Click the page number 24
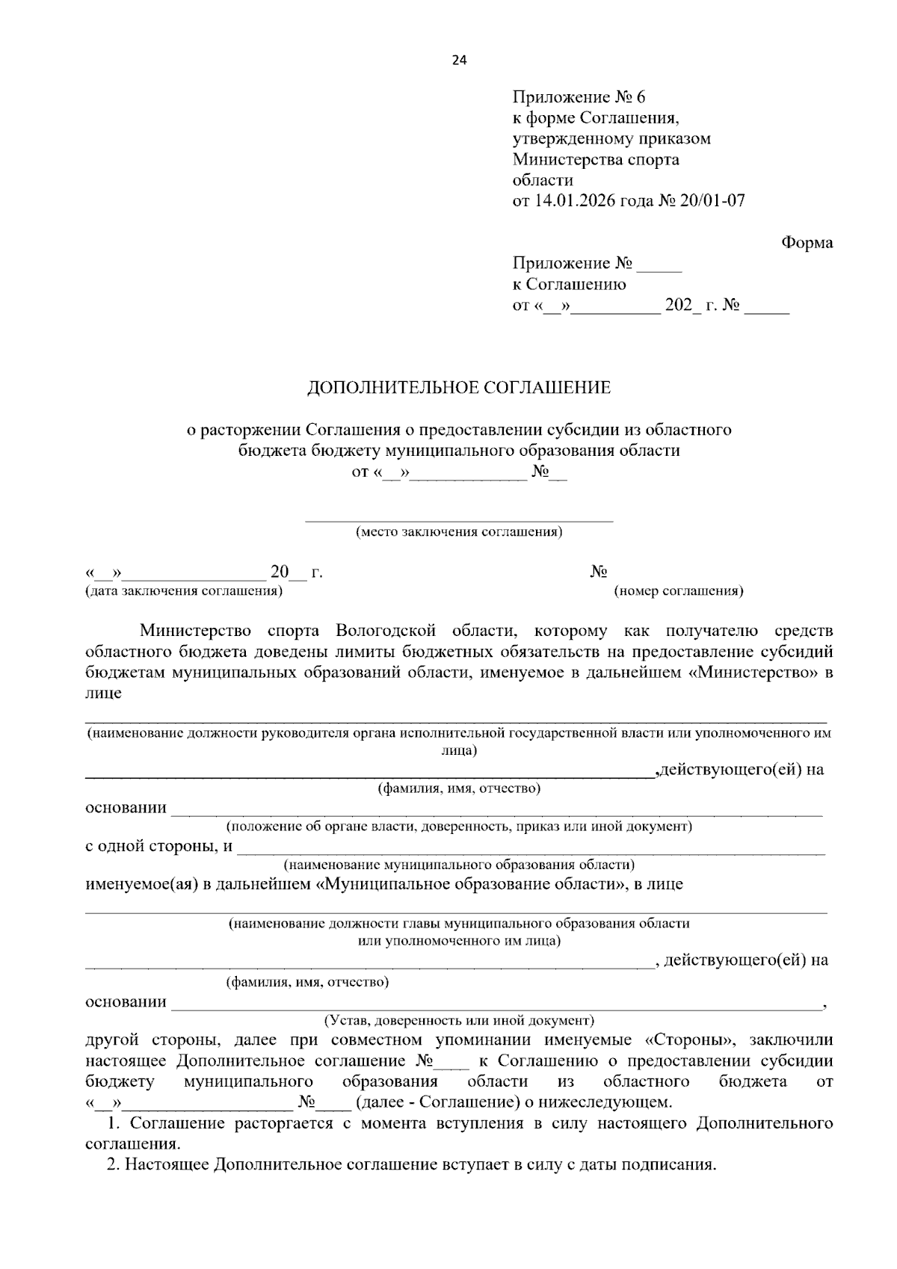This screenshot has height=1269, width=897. click(458, 61)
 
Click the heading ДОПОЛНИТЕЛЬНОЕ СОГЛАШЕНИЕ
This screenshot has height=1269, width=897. click(459, 388)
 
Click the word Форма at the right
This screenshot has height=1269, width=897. click(807, 243)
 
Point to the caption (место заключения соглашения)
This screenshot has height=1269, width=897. click(459, 532)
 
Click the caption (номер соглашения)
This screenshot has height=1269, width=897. click(678, 591)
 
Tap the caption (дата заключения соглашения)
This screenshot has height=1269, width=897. click(184, 591)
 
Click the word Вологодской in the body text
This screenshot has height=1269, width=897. click(385, 631)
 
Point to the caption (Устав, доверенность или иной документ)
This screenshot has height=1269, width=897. click(459, 1020)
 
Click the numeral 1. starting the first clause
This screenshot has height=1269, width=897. click(114, 1123)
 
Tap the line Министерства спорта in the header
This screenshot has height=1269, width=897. click(596, 159)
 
